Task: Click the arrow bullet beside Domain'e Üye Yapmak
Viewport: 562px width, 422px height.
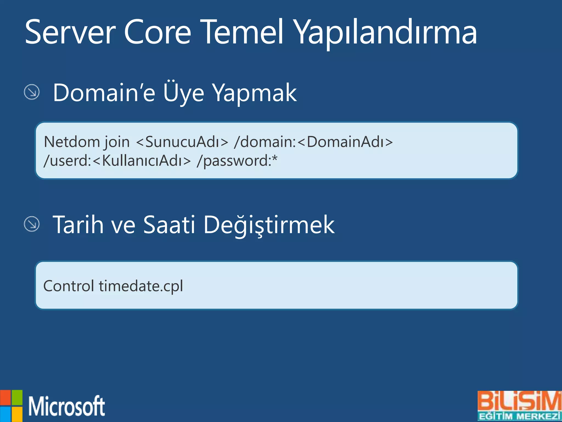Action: coord(32,92)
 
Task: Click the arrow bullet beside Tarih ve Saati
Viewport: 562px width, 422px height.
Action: coord(32,224)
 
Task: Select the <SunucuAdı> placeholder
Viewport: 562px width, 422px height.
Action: coord(182,142)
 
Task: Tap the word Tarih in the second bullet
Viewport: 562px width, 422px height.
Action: coord(78,225)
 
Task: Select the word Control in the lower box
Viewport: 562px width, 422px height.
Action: coord(69,286)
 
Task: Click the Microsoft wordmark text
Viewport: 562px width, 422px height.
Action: coord(67,406)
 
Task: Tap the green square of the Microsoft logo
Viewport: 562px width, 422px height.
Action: coord(17,398)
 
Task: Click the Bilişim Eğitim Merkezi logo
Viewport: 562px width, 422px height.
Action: coord(519,406)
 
